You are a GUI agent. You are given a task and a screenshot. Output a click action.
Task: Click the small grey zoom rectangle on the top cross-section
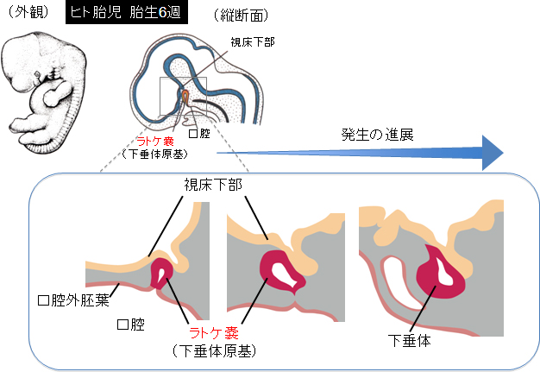[x=183, y=97]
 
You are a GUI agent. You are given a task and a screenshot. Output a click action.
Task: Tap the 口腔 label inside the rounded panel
[x=129, y=325]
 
